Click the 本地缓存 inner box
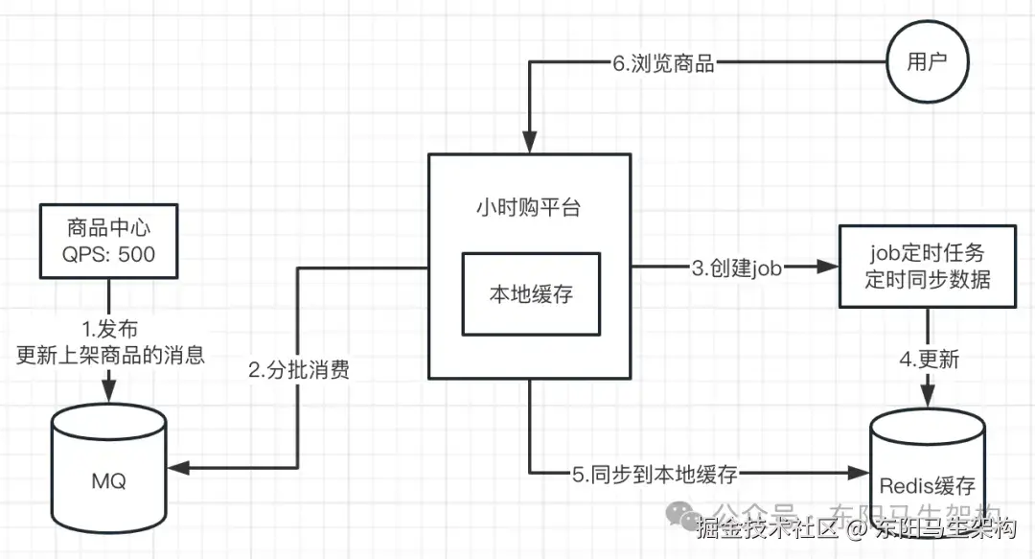click(531, 294)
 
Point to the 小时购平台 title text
click(528, 208)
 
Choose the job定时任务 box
click(926, 267)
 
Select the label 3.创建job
click(737, 268)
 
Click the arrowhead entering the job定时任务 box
click(829, 268)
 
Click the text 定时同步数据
click(926, 280)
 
